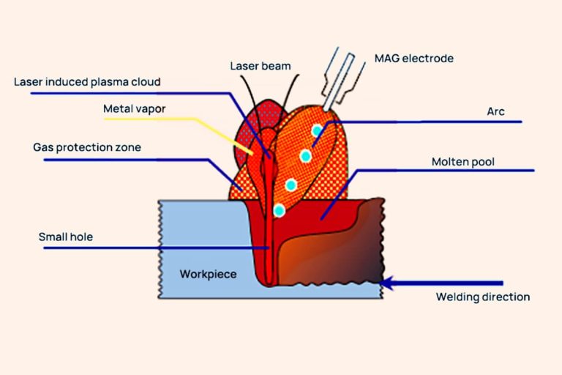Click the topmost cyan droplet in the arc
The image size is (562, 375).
(316, 131)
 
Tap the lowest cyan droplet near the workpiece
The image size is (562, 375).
(279, 211)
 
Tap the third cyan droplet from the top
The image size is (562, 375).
(291, 185)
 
